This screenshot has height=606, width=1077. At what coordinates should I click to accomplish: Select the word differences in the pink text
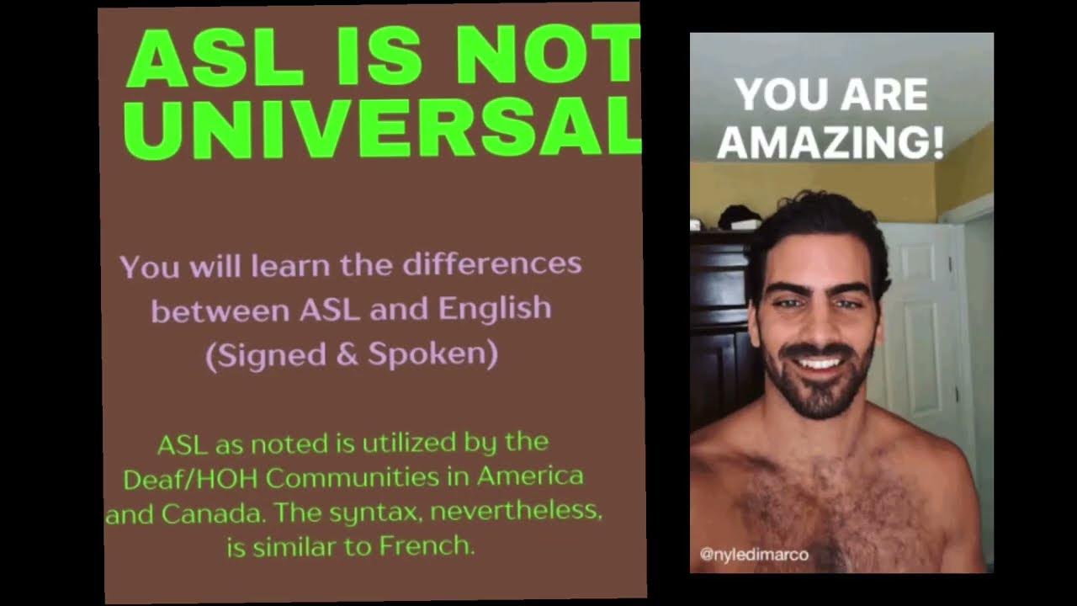pos(492,264)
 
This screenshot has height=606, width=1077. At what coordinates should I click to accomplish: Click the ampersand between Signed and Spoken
pos(347,354)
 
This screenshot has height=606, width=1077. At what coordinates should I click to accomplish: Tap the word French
pos(427,546)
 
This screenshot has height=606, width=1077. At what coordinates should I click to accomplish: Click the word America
pos(530,477)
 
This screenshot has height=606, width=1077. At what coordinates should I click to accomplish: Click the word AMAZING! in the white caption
pos(830,142)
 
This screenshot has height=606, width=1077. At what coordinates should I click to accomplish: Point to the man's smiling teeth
pos(820,364)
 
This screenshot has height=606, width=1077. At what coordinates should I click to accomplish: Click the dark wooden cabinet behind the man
pos(719,337)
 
